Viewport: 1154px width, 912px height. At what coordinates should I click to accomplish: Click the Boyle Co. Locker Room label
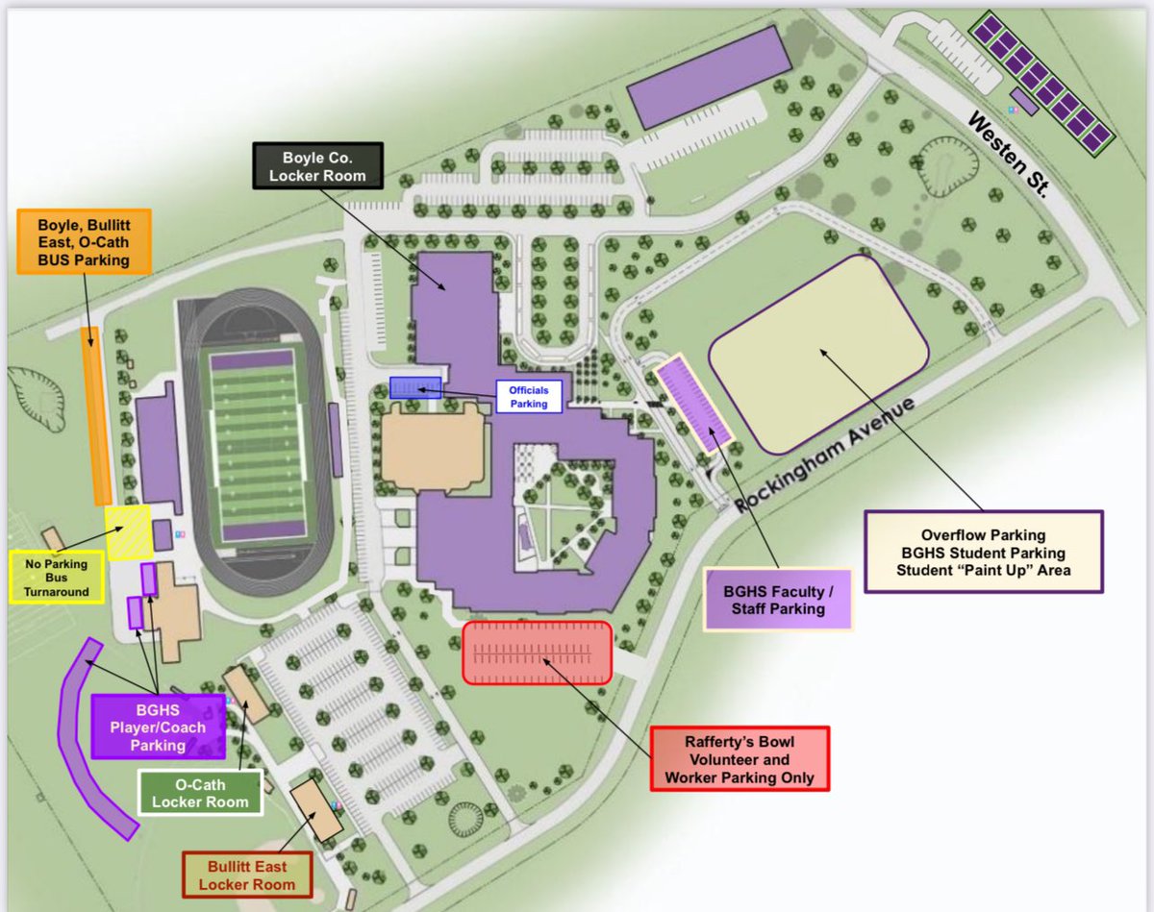317,164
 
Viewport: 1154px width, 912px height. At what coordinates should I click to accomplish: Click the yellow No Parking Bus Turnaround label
56,576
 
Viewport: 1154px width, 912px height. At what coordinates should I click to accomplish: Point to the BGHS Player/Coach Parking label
158,727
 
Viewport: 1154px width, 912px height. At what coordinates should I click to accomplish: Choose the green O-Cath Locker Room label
200,793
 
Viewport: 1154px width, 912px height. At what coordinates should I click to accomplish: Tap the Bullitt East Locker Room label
248,873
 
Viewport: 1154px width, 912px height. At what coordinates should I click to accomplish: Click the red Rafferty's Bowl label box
739,757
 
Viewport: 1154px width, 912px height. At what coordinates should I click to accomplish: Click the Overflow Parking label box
984,551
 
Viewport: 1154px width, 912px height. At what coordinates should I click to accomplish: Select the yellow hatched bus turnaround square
128,531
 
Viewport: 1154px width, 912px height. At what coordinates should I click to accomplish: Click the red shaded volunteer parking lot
537,653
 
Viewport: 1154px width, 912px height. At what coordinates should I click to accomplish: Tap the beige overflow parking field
818,354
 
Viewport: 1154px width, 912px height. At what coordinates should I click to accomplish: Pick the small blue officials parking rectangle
415,387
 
